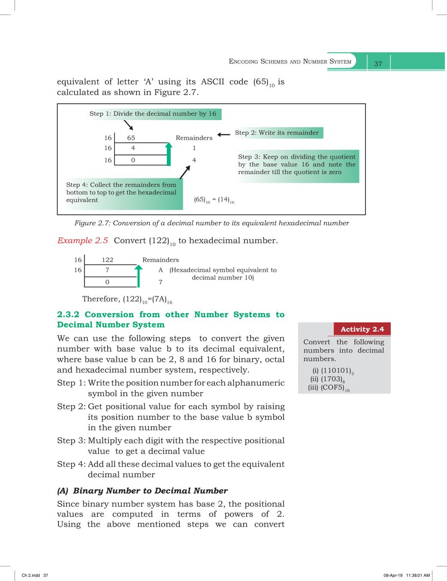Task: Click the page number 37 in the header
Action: [378, 64]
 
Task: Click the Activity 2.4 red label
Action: [362, 329]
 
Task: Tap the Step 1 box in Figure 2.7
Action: [153, 114]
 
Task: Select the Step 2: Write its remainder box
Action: [277, 133]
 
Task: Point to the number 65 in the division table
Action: [131, 138]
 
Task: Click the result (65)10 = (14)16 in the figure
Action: [214, 200]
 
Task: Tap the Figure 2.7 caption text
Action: [211, 223]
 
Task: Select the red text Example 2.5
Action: [83, 241]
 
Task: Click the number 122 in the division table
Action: [107, 260]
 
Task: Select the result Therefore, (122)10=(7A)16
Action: [127, 299]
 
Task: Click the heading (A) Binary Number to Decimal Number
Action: [142, 491]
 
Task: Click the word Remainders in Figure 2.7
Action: [194, 138]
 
